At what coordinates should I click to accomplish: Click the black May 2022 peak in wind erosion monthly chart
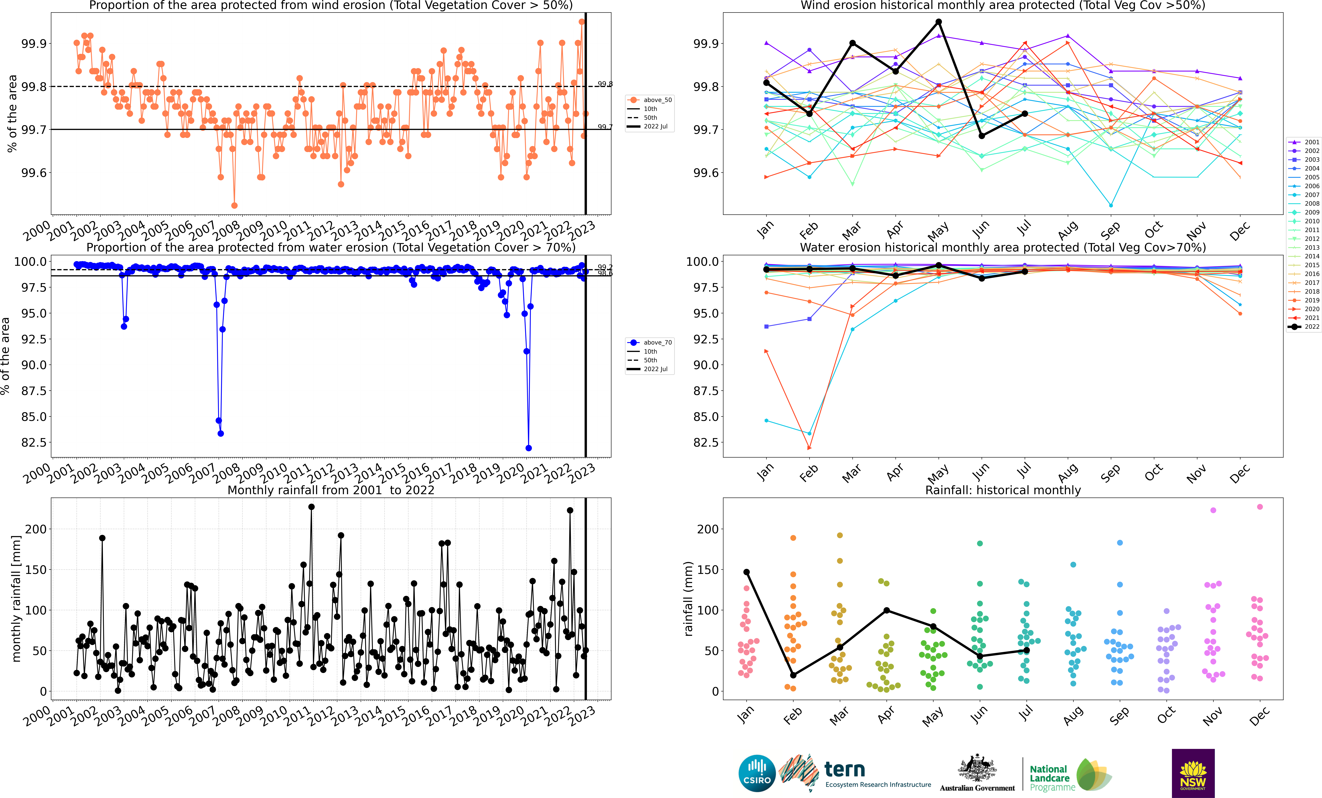coord(938,22)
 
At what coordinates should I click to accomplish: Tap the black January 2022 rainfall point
coord(746,572)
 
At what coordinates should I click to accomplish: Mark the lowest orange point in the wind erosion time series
coord(234,205)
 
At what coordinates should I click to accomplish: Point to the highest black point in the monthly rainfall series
coord(311,507)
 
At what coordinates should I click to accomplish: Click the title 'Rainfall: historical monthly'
coord(1003,490)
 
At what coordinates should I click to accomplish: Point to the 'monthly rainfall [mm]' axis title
coord(16,598)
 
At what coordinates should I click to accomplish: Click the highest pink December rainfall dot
coord(1260,507)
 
